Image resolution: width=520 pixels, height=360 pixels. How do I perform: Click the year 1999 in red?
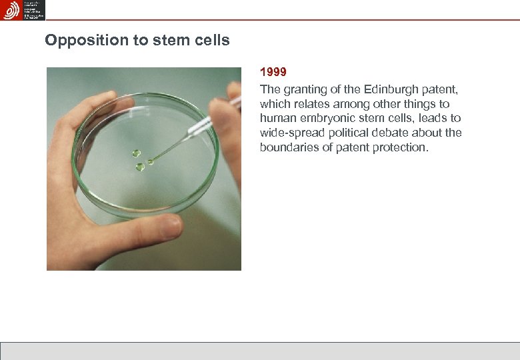(x=273, y=72)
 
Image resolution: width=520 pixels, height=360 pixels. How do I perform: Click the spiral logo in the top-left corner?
(x=11, y=10)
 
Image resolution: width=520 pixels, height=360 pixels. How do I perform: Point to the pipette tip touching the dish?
(x=151, y=161)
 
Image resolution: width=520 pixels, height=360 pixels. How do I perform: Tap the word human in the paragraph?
(x=277, y=119)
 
